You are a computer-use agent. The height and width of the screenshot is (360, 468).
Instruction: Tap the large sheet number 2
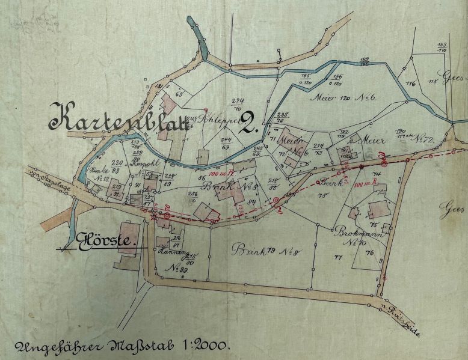click(x=248, y=124)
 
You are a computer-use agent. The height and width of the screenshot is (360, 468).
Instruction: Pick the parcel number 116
click(x=411, y=84)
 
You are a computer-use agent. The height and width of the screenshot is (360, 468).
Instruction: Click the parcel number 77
click(x=338, y=257)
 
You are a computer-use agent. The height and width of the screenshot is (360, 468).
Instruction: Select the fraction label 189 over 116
click(x=364, y=61)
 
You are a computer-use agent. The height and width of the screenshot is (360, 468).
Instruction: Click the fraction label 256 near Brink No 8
click(x=193, y=195)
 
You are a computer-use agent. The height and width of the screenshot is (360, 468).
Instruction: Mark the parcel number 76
click(x=369, y=253)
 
